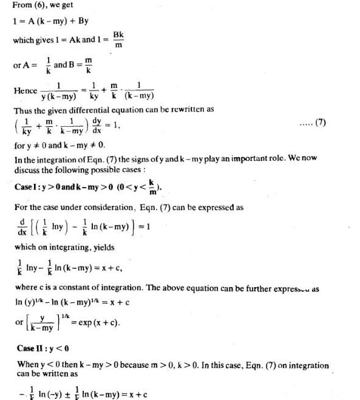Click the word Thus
point(24,111)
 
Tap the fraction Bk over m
point(120,40)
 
